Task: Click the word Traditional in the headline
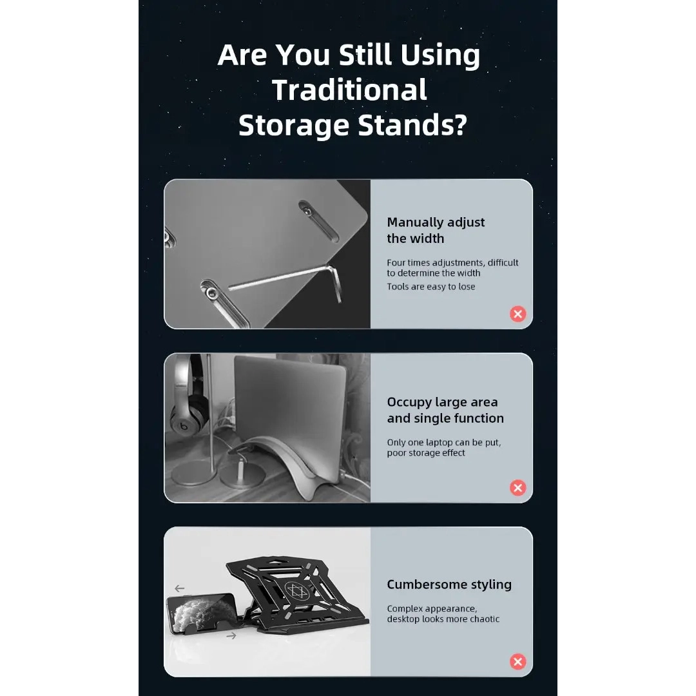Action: point(349,90)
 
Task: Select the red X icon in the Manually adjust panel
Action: point(517,314)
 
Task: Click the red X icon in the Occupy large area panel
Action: point(517,488)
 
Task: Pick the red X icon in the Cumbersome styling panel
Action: point(517,662)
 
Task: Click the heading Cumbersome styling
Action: point(449,585)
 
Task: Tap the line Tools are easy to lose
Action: point(431,287)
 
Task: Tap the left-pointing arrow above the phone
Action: point(179,588)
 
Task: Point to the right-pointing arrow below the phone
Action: point(231,636)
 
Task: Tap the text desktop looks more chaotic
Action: point(443,619)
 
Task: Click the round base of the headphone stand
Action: point(195,473)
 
